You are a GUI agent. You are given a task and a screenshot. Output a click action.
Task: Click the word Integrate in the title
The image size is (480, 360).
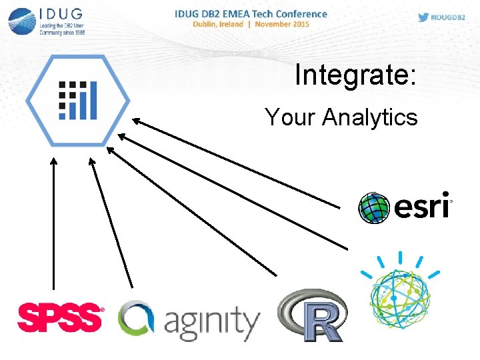[351, 75]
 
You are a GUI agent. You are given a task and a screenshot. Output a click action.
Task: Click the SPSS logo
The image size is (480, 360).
[61, 316]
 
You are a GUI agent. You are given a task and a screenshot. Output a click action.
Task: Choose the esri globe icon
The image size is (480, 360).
[374, 208]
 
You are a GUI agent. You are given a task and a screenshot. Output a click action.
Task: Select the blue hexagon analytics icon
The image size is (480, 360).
[78, 100]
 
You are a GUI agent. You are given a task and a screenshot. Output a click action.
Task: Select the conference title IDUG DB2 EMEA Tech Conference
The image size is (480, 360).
[251, 13]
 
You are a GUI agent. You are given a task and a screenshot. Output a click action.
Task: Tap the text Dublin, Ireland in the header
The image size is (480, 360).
[217, 25]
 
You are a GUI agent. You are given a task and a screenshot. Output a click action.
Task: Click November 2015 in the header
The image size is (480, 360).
[282, 25]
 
